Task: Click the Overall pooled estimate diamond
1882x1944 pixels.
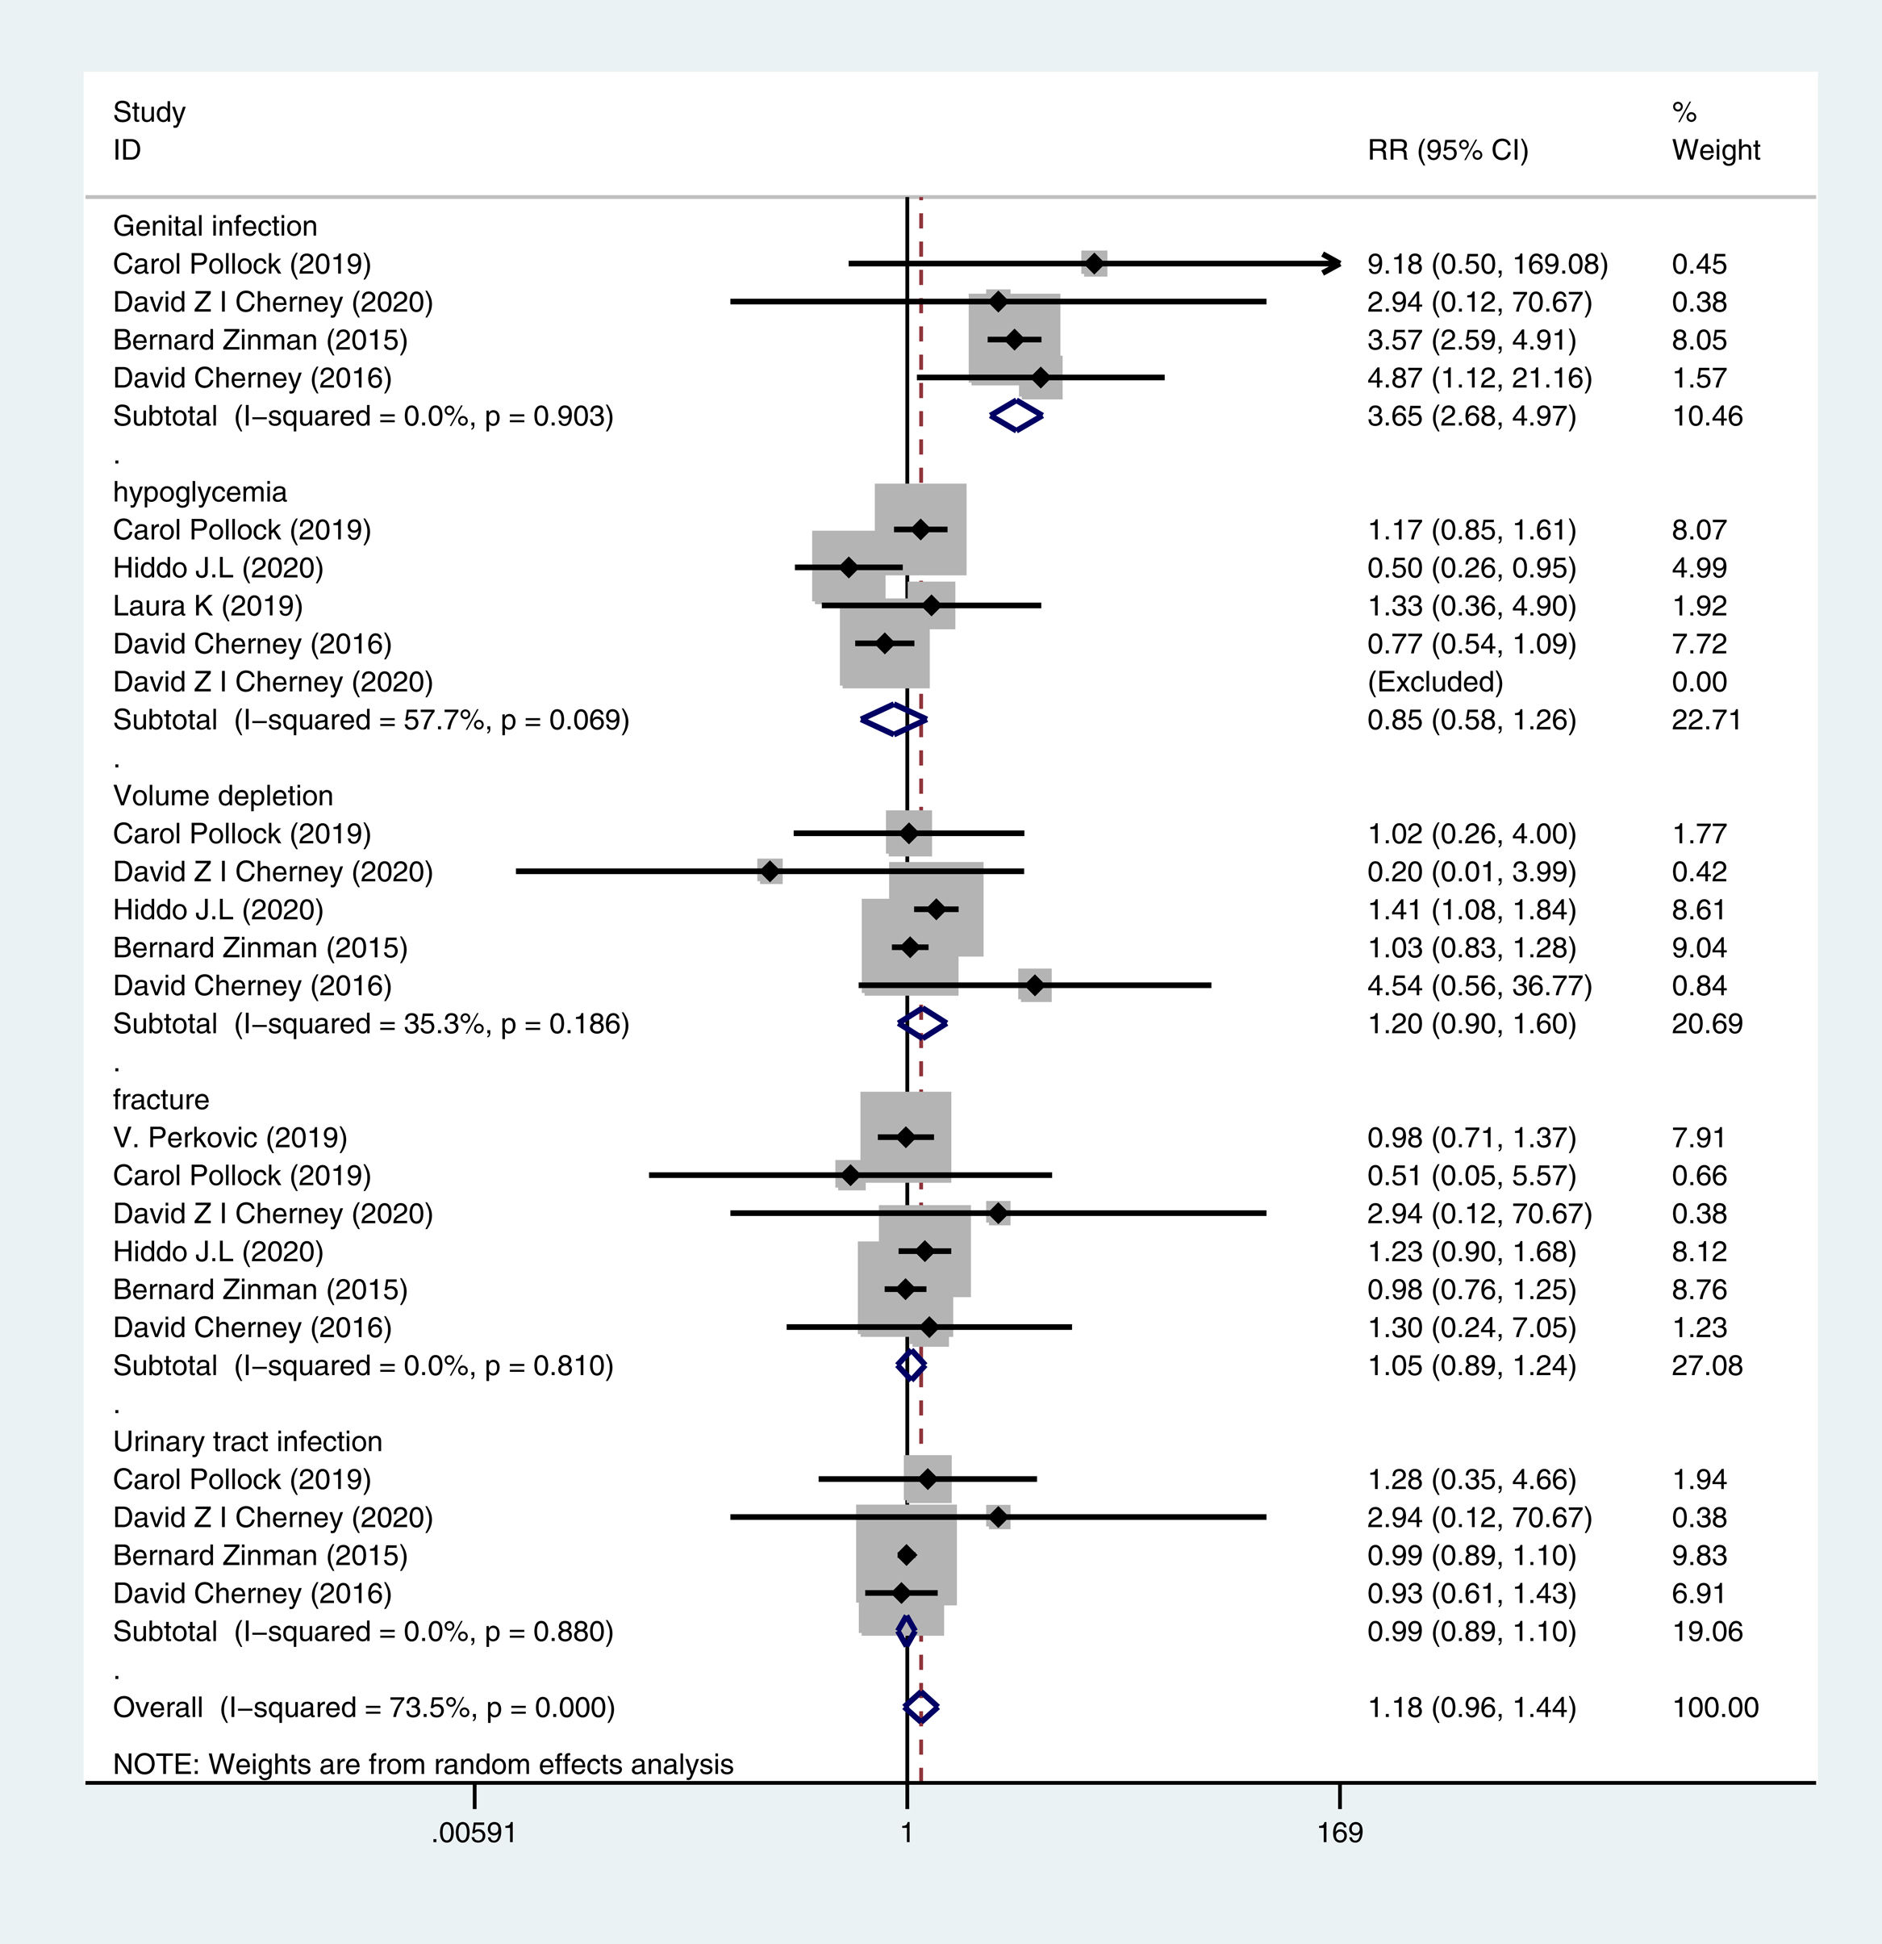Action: pos(921,1707)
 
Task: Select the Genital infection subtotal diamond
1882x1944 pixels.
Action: pos(1016,416)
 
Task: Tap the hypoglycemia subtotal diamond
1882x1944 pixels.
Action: pos(893,719)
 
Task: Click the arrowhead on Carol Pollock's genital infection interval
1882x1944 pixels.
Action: pos(1332,264)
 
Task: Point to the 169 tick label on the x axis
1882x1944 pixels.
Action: pos(1340,1832)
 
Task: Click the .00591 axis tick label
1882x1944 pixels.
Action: pos(474,1832)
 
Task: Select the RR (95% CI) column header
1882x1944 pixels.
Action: pos(1448,150)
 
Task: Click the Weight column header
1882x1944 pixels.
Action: pos(1715,150)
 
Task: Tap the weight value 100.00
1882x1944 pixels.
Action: pos(1715,1707)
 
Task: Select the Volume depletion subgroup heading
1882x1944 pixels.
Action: pos(223,796)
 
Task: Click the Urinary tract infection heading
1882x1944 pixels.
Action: pos(247,1441)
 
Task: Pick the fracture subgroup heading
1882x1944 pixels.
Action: pos(161,1099)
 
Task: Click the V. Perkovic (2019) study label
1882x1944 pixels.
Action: pos(230,1138)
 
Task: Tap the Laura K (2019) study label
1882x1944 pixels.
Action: pos(208,605)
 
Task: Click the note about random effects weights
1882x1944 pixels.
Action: pos(424,1765)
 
